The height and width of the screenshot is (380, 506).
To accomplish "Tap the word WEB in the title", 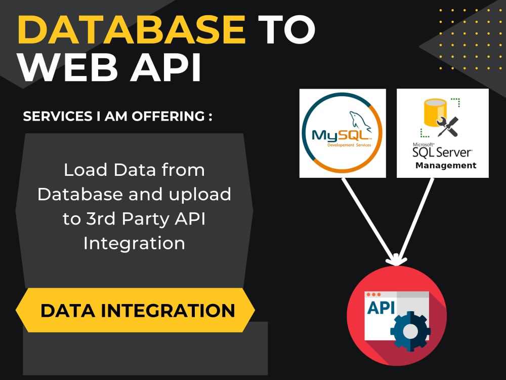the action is click(x=68, y=68).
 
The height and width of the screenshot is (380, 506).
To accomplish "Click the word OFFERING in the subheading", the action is click(x=168, y=117).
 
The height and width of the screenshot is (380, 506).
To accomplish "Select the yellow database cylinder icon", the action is click(x=435, y=112).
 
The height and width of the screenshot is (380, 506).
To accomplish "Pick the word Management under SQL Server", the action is click(x=446, y=166).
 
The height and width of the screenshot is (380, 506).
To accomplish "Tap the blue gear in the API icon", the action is click(x=410, y=331).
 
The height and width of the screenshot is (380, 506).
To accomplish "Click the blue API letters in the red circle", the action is click(x=381, y=308).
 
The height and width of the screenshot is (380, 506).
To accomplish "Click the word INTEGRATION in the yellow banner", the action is click(x=168, y=311).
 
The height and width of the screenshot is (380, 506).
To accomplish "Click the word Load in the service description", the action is click(x=85, y=170).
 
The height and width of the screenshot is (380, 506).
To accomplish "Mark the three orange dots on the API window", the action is click(x=374, y=295).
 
